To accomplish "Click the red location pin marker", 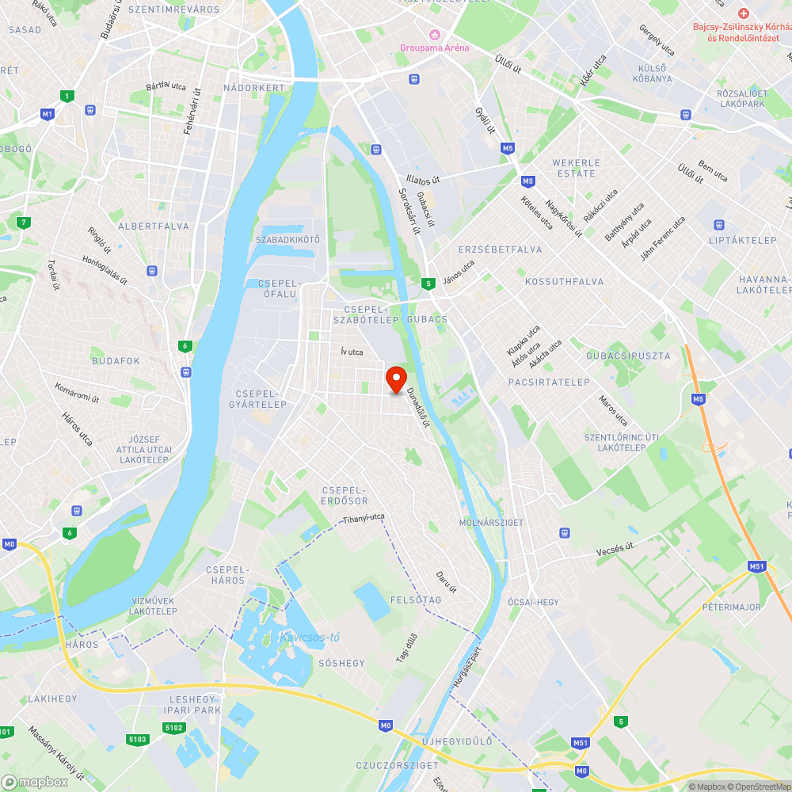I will pyautogui.click(x=395, y=379).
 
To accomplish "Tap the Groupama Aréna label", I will pyautogui.click(x=434, y=48).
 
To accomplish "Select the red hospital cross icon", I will pyautogui.click(x=743, y=13).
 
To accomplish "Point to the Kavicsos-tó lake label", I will pyautogui.click(x=310, y=637).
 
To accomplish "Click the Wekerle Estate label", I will pyautogui.click(x=576, y=168).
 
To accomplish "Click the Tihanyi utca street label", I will pyautogui.click(x=364, y=518).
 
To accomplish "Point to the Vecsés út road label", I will pyautogui.click(x=616, y=549).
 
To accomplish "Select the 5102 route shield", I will pyautogui.click(x=175, y=728).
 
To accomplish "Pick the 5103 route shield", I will pyautogui.click(x=137, y=739).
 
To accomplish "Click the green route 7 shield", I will pyautogui.click(x=25, y=222).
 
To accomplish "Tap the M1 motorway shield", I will pyautogui.click(x=48, y=114).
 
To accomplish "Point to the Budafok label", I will pyautogui.click(x=116, y=361).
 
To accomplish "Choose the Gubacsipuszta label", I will pyautogui.click(x=628, y=356).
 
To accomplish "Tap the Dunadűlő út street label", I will pyautogui.click(x=417, y=406).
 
